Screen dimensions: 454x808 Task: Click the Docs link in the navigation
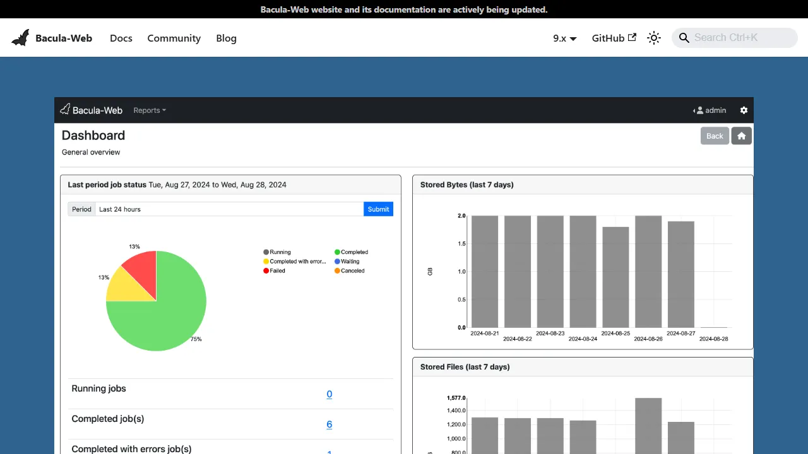[x=121, y=38]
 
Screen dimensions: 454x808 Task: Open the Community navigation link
[x=174, y=38]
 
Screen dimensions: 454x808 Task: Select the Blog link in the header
[x=226, y=38]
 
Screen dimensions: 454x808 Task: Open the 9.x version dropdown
[x=564, y=38]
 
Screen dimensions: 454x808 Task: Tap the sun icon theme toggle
[x=654, y=38]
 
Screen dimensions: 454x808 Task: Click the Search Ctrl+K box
[x=735, y=38]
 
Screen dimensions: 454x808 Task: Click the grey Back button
[x=715, y=136]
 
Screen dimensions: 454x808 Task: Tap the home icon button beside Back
[x=742, y=136]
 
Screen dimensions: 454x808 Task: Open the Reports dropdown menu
[x=150, y=110]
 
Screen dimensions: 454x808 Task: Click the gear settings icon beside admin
[x=744, y=110]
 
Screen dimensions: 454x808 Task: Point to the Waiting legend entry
[x=349, y=261]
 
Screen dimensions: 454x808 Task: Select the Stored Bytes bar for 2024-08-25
[x=615, y=277]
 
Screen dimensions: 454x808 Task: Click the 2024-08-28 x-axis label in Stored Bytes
[x=714, y=339]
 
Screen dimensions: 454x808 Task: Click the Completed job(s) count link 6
[x=329, y=424]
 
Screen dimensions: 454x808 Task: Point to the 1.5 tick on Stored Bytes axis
[x=461, y=243]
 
